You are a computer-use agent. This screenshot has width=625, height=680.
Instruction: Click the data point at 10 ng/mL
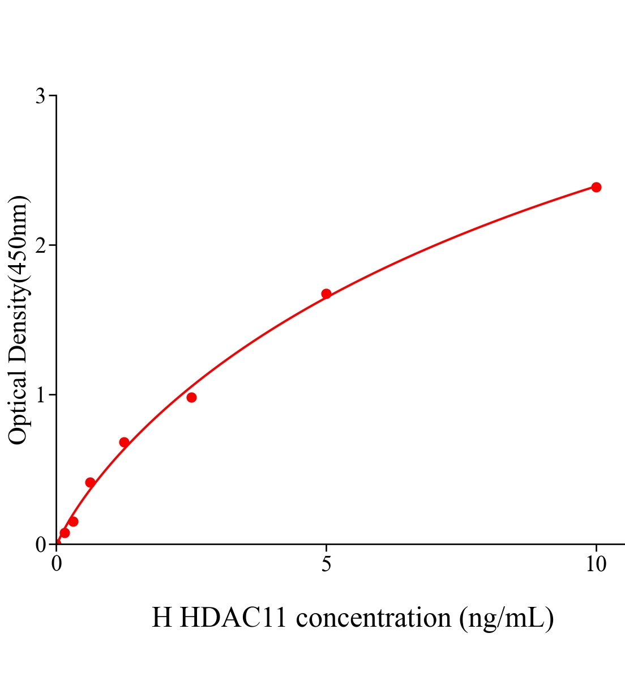click(x=596, y=187)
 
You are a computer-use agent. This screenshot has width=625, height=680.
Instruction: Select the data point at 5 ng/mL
click(x=326, y=294)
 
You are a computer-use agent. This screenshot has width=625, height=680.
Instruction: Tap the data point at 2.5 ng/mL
click(x=191, y=397)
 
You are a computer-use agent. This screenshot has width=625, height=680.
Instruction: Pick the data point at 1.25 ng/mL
click(x=124, y=442)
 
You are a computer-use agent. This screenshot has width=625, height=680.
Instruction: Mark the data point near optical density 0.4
click(x=90, y=482)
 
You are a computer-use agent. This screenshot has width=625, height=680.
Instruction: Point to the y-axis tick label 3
click(x=40, y=96)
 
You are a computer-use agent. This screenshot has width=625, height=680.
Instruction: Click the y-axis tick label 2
click(x=40, y=245)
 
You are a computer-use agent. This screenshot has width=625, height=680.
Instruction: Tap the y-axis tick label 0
click(x=40, y=545)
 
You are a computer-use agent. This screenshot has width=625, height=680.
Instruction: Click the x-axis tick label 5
click(x=326, y=564)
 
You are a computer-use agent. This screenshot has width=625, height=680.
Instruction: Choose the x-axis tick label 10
click(x=596, y=564)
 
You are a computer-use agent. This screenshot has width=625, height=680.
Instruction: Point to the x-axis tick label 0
click(x=57, y=564)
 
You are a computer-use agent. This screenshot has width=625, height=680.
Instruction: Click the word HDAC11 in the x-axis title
click(x=235, y=618)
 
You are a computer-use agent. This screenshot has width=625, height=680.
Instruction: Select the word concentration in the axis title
click(x=373, y=618)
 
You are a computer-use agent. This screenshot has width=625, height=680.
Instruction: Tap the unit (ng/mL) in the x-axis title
click(x=506, y=618)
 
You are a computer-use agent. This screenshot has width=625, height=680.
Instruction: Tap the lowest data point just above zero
click(x=65, y=533)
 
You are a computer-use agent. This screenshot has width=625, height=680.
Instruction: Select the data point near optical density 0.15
click(x=73, y=521)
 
